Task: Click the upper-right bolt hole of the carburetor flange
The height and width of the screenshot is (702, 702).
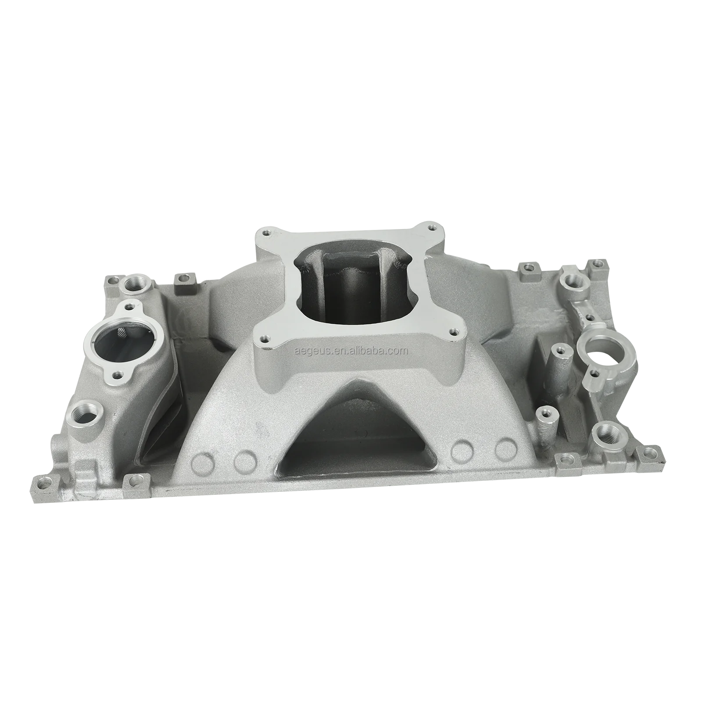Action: tap(433, 228)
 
